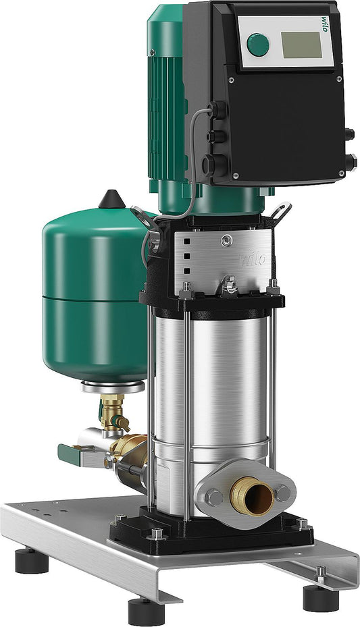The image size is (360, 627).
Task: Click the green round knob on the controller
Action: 257,45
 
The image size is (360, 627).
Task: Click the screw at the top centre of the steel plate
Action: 229,240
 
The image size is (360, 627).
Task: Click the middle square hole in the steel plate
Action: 185,257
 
